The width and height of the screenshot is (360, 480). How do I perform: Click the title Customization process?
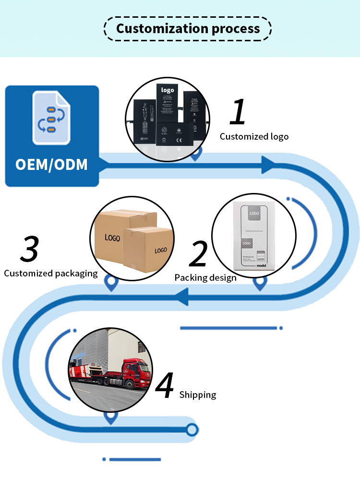coord(188,28)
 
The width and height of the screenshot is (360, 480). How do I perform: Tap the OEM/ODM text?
coord(51,164)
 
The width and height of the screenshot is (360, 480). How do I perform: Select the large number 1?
coord(238,112)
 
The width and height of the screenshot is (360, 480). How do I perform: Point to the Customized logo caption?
coord(254,137)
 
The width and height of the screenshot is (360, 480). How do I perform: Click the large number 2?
coord(198,254)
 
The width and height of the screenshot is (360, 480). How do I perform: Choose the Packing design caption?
coord(205,278)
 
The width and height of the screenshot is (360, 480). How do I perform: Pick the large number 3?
coord(30,249)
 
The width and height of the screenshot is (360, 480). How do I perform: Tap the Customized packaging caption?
coord(50,274)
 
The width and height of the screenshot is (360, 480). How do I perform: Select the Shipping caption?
coord(198,395)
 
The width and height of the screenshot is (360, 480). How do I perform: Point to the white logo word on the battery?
coord(167,90)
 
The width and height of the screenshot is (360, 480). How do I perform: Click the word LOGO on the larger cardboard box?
coord(112,238)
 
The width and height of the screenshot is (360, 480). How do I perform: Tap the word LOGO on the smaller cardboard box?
coord(161,251)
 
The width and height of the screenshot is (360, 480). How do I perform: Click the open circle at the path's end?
coord(192,430)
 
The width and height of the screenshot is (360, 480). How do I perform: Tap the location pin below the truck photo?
coord(111,418)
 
